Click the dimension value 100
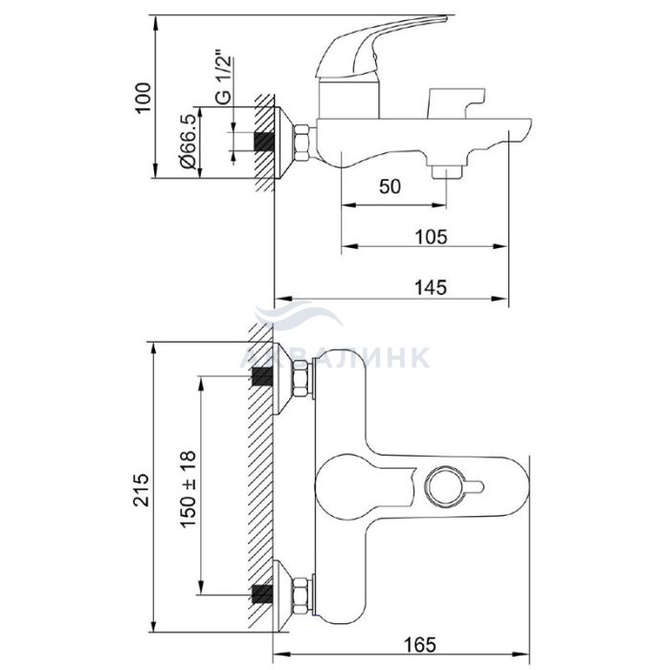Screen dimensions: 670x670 click(144, 98)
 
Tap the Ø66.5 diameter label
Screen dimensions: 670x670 click(188, 139)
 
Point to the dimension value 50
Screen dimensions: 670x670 click(391, 187)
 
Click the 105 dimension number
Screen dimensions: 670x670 click(431, 236)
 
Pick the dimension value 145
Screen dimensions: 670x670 click(431, 287)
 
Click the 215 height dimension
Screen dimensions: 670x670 click(142, 490)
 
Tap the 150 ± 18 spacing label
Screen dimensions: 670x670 click(188, 488)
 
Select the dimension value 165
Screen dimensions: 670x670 click(420, 644)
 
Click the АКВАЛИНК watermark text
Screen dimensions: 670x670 click(335, 357)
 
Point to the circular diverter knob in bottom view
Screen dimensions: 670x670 click(447, 487)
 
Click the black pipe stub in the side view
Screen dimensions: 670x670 click(263, 143)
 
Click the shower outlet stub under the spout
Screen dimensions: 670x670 click(447, 172)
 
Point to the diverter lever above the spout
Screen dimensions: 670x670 click(456, 102)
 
